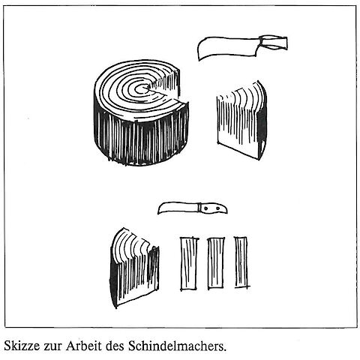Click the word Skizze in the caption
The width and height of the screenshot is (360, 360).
pos(22,346)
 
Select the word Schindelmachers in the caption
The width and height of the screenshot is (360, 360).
pos(177,346)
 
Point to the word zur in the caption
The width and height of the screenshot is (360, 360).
pos(52,347)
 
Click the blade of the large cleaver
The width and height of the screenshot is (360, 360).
pos(227,47)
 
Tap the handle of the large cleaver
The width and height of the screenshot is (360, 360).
pos(274,43)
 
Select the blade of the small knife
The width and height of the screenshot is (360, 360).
pos(178,208)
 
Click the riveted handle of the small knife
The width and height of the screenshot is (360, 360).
pos(214,208)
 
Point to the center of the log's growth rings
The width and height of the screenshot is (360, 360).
pos(144,88)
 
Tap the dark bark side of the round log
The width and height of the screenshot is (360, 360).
pos(141,140)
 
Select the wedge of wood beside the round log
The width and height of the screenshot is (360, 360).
pos(241,120)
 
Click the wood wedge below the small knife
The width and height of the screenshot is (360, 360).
pos(134,268)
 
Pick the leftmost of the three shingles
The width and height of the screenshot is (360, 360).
pos(189,264)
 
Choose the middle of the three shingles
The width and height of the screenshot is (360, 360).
pos(216,263)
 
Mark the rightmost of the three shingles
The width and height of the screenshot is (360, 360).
pos(241,262)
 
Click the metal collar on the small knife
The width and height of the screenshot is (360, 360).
pos(199,207)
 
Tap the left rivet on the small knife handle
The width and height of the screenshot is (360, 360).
pos(206,208)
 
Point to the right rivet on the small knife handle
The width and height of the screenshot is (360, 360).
pos(218,208)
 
